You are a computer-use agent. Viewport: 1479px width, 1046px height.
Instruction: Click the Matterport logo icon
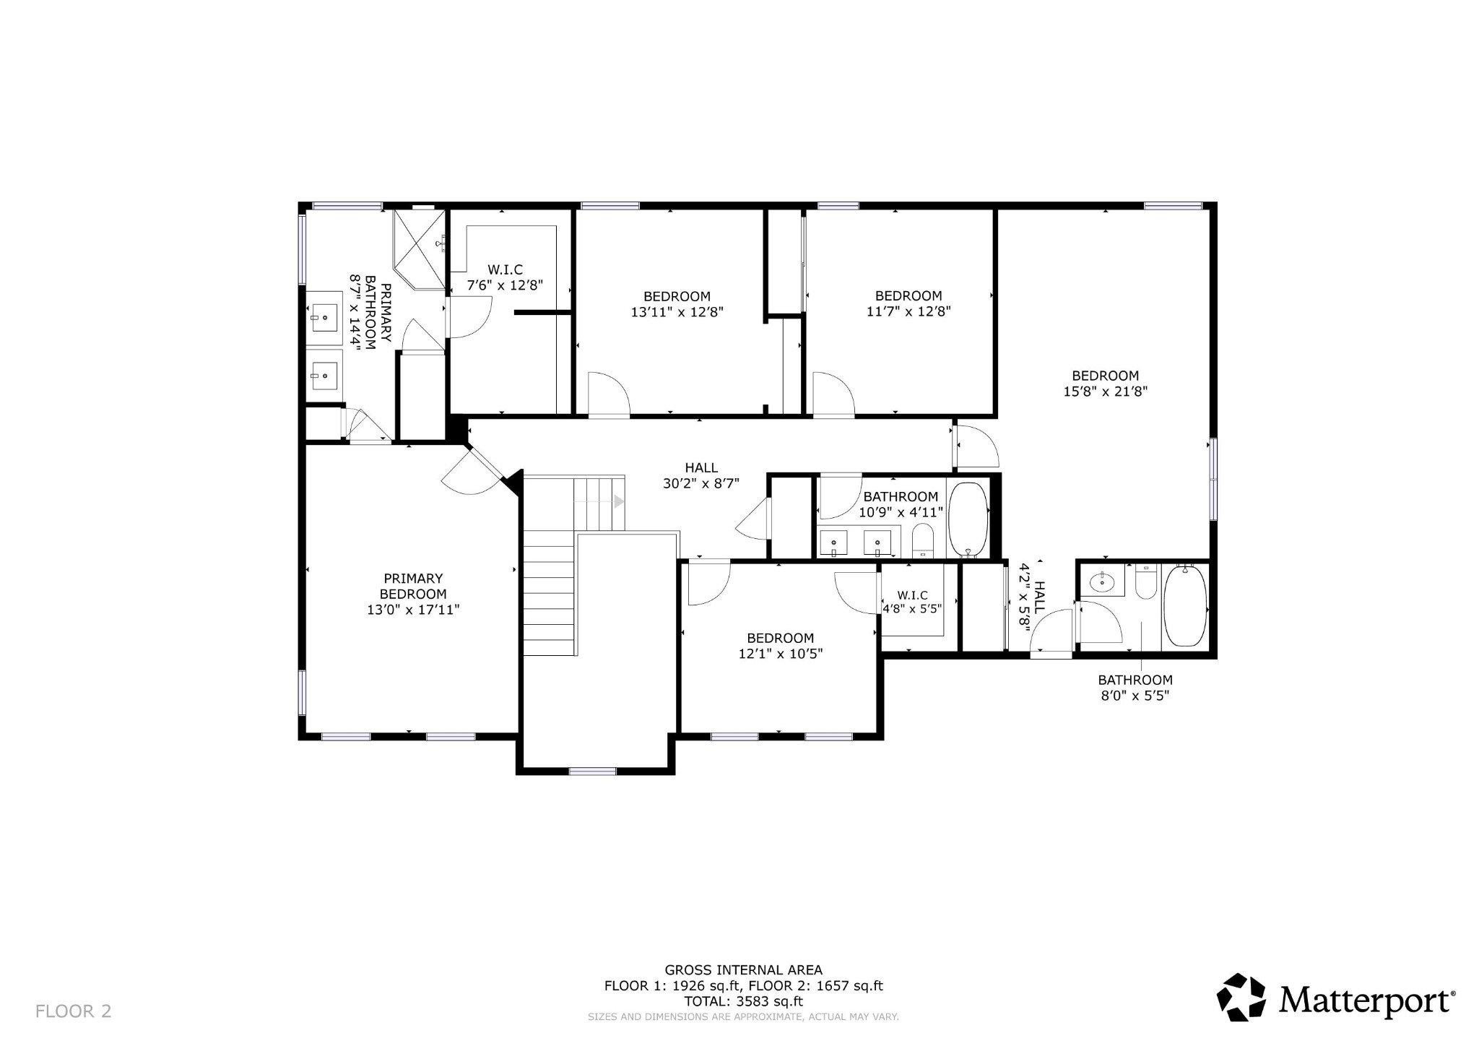1241,998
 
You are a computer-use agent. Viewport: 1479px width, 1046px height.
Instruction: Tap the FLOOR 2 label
74,1011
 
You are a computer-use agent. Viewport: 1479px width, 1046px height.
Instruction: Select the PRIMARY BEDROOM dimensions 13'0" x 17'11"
413,610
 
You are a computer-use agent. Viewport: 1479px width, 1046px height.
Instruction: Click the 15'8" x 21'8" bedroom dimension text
1106,392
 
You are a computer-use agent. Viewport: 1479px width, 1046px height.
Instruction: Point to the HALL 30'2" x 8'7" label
701,476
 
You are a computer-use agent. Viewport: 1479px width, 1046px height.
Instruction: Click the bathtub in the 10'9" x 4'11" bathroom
968,519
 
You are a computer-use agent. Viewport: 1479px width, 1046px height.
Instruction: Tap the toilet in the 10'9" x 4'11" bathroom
923,540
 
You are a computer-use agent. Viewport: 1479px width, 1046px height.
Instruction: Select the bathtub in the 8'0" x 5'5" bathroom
1184,605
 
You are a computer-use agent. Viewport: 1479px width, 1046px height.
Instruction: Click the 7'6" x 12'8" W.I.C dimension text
505,285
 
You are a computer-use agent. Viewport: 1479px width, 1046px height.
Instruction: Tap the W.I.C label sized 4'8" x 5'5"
913,601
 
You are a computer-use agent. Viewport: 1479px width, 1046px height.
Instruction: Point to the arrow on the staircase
619,501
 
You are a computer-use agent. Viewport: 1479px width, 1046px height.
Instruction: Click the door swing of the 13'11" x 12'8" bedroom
609,394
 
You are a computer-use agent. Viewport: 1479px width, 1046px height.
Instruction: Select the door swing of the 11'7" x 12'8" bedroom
833,394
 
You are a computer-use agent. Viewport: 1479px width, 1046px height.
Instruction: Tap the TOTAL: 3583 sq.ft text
744,1001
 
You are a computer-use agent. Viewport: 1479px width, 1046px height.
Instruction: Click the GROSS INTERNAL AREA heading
744,970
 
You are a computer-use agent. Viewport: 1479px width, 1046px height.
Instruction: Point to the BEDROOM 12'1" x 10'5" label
781,646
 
